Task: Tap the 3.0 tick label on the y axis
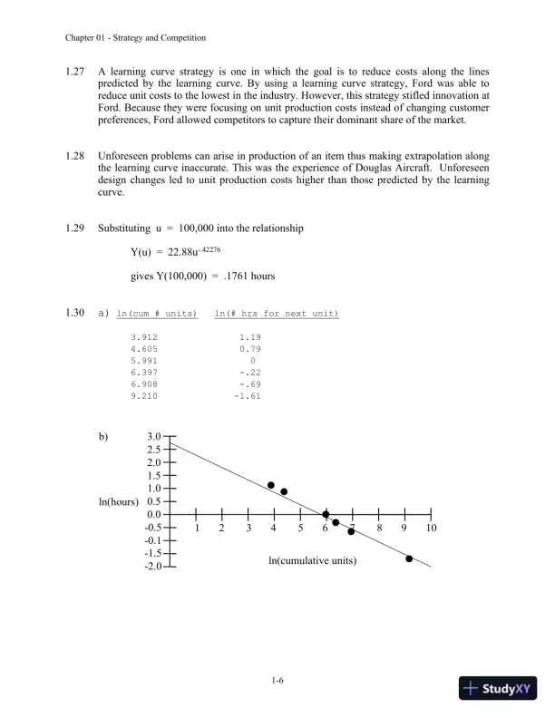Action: (154, 437)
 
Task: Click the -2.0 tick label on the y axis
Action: (152, 567)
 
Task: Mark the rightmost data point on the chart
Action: (409, 558)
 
